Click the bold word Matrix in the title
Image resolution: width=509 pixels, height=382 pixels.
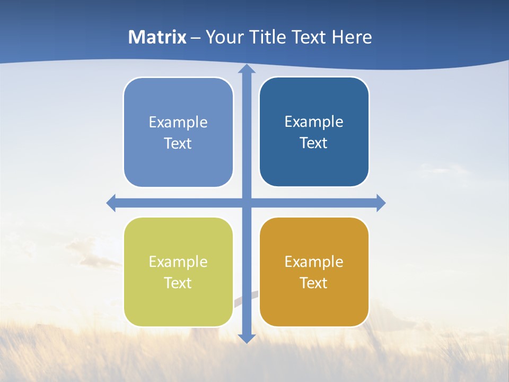[157, 37]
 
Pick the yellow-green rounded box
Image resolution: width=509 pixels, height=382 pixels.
[178, 308]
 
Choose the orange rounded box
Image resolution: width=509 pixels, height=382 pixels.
[314, 308]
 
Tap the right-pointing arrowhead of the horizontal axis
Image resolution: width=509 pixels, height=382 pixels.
[380, 203]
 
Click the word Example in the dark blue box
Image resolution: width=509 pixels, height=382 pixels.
[314, 121]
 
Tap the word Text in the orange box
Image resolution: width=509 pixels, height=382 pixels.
[314, 283]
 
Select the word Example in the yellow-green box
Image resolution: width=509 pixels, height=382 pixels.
[178, 262]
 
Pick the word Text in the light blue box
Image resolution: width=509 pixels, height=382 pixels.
[178, 143]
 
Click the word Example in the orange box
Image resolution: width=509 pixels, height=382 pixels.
[314, 262]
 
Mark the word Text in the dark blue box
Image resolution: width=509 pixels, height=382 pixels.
[314, 143]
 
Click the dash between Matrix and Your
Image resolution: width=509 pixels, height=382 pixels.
[196, 38]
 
